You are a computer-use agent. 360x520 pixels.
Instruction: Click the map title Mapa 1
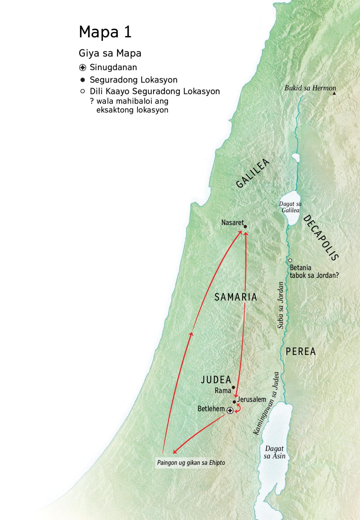(105, 32)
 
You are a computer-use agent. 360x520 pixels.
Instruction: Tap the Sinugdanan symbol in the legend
(82, 68)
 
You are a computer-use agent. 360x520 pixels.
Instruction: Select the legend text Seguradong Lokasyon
(133, 80)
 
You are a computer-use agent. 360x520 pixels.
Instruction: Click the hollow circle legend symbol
(82, 91)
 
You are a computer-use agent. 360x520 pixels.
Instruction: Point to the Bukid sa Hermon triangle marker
(334, 94)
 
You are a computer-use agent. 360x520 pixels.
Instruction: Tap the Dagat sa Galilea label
(290, 207)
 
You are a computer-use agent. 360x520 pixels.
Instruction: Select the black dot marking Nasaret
(245, 227)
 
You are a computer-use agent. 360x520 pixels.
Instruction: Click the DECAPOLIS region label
(321, 238)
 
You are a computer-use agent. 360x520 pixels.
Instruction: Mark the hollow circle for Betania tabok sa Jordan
(290, 260)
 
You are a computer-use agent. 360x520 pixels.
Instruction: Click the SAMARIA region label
(236, 297)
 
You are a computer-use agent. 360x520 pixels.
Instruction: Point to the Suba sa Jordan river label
(280, 305)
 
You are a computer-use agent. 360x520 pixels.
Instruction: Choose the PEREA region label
(301, 351)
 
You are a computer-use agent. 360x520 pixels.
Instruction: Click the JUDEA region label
(216, 380)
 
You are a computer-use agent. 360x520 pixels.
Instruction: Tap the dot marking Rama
(233, 387)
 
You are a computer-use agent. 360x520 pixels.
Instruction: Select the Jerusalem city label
(251, 399)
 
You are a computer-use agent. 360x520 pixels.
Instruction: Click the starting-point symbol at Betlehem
(230, 410)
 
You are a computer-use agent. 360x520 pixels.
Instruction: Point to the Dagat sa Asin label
(274, 452)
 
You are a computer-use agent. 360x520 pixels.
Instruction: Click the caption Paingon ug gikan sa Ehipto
(191, 462)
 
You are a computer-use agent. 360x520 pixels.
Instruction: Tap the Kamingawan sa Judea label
(266, 404)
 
